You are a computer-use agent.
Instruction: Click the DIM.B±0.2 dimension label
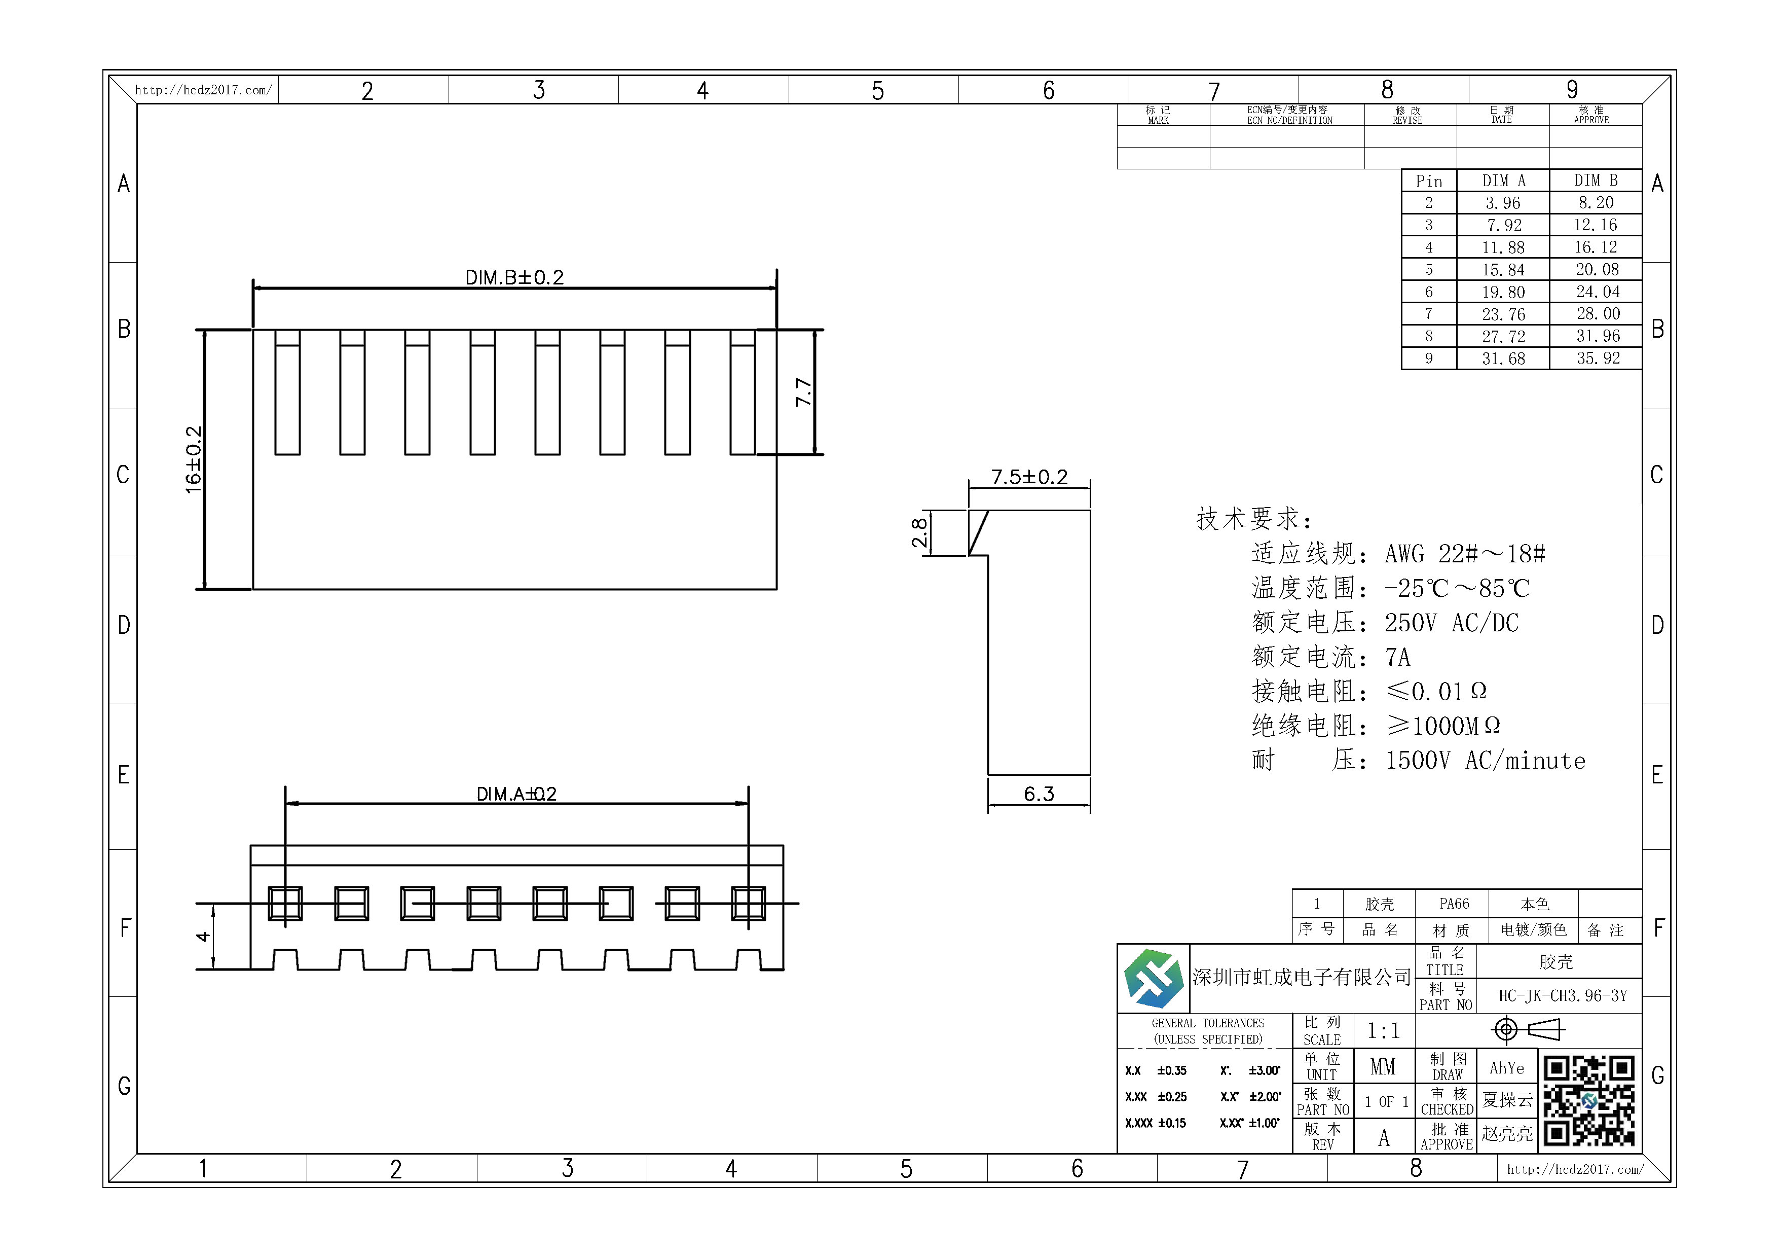click(x=514, y=277)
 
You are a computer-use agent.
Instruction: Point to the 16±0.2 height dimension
click(x=194, y=459)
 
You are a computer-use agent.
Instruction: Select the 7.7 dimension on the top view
click(x=804, y=392)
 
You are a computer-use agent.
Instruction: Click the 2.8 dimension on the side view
click(x=919, y=533)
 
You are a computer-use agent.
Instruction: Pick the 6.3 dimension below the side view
click(x=1039, y=794)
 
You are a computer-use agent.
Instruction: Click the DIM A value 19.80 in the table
click(x=1503, y=292)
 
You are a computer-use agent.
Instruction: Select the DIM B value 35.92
click(x=1598, y=358)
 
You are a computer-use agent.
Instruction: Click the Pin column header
click(x=1429, y=181)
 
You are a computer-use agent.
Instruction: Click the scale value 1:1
click(x=1383, y=1031)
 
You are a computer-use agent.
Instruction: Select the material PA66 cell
click(x=1454, y=904)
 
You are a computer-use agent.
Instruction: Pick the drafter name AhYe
click(x=1507, y=1068)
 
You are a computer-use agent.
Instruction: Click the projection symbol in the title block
click(x=1528, y=1029)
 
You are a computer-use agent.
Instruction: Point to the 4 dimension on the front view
click(x=203, y=937)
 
